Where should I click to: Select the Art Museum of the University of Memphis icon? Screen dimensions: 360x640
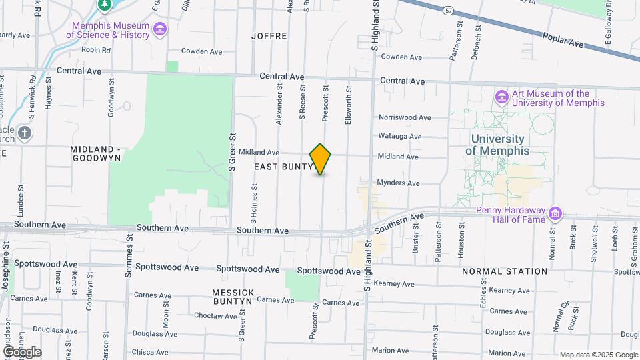click(x=501, y=98)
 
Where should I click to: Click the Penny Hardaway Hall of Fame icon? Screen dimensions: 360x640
click(x=555, y=215)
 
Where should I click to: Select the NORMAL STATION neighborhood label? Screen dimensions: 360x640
click(x=505, y=271)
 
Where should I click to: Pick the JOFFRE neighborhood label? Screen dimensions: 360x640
click(x=269, y=35)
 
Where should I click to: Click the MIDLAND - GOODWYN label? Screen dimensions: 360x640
click(x=97, y=153)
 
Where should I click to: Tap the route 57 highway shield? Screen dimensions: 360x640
click(x=449, y=10)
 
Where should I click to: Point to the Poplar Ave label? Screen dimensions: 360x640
click(x=563, y=41)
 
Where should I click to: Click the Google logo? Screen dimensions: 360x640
click(x=22, y=352)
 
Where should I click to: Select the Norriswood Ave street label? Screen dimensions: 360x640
click(x=405, y=117)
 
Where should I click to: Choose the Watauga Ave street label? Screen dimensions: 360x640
click(x=400, y=137)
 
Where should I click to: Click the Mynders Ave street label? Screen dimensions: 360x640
click(x=398, y=183)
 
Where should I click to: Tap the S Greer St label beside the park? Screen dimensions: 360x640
click(x=233, y=153)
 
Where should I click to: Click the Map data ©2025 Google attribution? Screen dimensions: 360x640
click(x=598, y=355)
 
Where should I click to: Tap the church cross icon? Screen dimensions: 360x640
click(x=25, y=132)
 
